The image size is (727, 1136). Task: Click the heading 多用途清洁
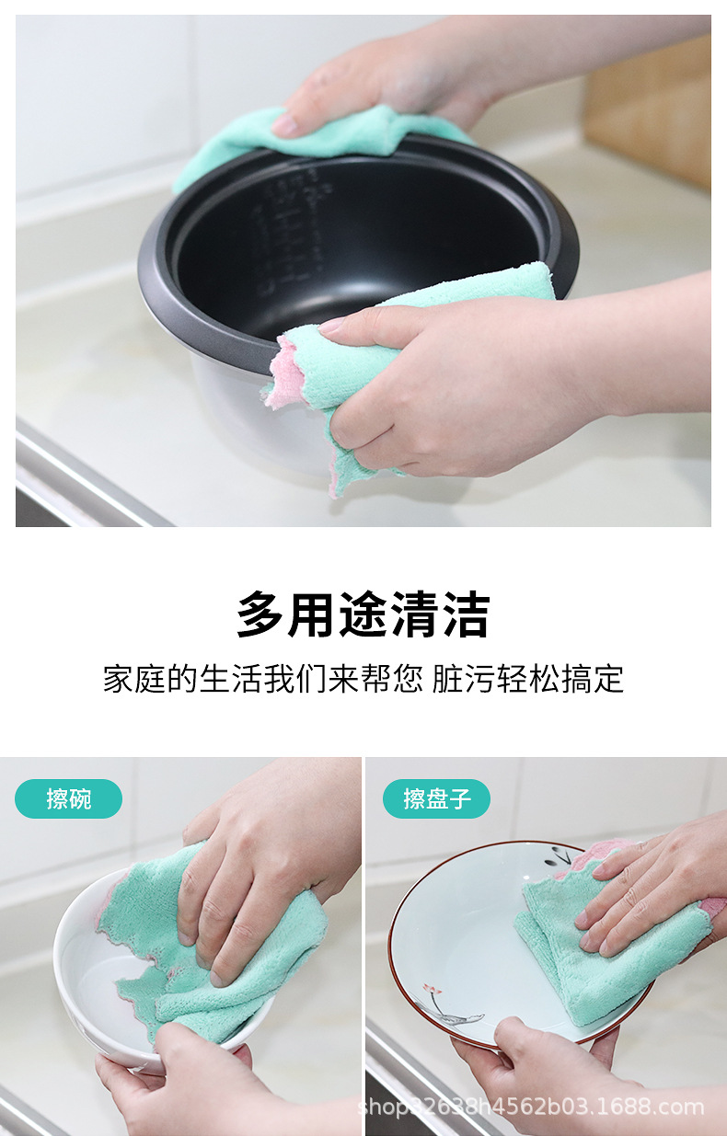point(363,615)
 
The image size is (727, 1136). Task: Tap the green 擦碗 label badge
point(68,798)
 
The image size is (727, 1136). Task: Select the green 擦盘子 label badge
point(436,798)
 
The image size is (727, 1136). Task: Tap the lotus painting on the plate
point(451,1007)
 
